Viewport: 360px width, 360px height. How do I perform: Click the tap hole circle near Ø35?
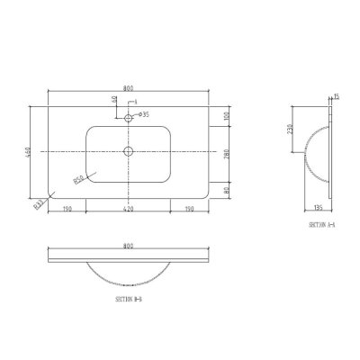click(129, 116)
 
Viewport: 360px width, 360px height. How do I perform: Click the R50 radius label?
click(80, 179)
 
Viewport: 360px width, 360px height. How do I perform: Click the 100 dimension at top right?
click(228, 116)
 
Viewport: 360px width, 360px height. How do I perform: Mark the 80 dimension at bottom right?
click(228, 189)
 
